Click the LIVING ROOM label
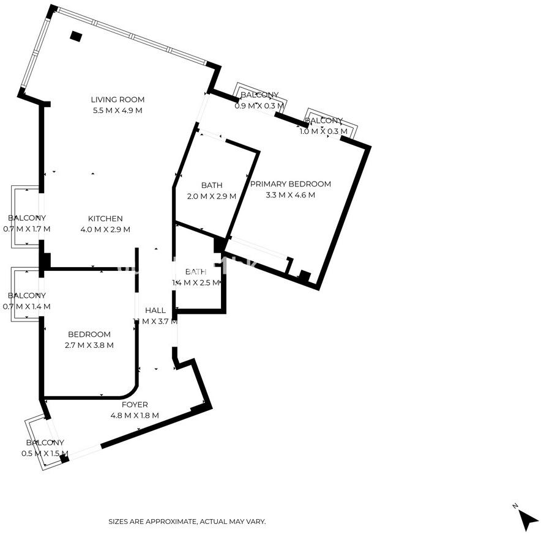pyautogui.click(x=118, y=100)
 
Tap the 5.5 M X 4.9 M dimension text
pyautogui.click(x=118, y=111)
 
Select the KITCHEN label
pyautogui.click(x=105, y=219)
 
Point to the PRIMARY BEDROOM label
pyautogui.click(x=290, y=184)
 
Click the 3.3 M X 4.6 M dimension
pyautogui.click(x=290, y=195)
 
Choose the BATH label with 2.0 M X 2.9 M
pyautogui.click(x=211, y=185)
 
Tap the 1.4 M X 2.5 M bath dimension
pyautogui.click(x=196, y=282)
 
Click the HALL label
pyautogui.click(x=155, y=311)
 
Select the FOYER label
pyautogui.click(x=134, y=405)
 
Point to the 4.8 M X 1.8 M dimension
pyautogui.click(x=134, y=416)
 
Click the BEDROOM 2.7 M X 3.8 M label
pyautogui.click(x=89, y=334)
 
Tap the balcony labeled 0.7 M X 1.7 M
pyautogui.click(x=26, y=218)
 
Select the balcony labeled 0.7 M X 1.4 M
pyautogui.click(x=26, y=296)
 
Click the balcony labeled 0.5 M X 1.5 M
pyautogui.click(x=45, y=443)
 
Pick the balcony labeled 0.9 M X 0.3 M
pyautogui.click(x=259, y=95)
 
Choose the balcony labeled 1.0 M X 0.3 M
pyautogui.click(x=323, y=121)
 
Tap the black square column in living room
pyautogui.click(x=76, y=36)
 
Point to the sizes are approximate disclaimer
pyautogui.click(x=187, y=522)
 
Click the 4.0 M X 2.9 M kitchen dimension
pyautogui.click(x=105, y=230)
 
